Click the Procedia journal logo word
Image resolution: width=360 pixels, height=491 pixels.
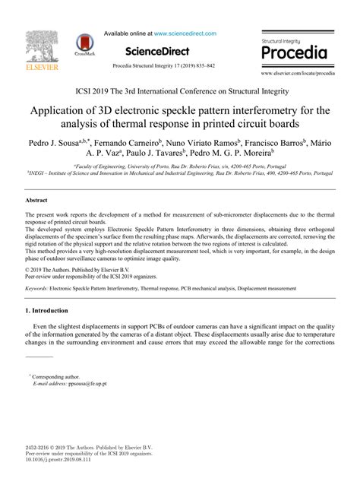click(294, 53)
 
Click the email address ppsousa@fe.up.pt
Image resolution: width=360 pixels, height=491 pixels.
click(87, 384)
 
